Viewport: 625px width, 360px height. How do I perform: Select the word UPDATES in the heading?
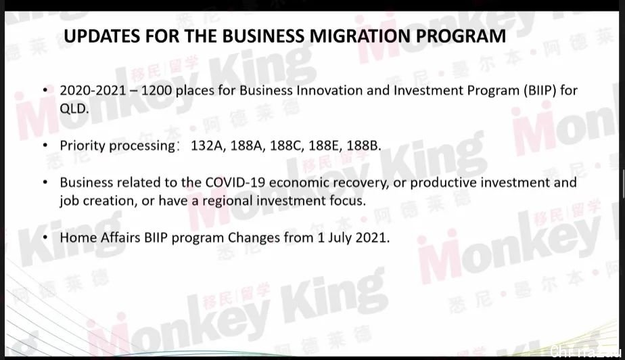coord(101,35)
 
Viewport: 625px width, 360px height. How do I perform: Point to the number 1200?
coord(157,91)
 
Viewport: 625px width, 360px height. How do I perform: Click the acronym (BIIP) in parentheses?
coord(540,91)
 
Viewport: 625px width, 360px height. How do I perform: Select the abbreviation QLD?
coord(74,108)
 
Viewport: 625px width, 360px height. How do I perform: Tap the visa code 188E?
coord(325,145)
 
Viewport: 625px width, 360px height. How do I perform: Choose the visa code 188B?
coord(364,145)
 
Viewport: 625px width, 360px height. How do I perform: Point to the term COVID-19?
coord(235,182)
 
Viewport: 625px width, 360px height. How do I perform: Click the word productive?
coord(443,183)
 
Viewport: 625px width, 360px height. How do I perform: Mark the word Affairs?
coord(120,238)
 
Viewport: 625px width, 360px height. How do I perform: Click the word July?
coord(340,238)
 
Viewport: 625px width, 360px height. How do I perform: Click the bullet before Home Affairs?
coord(45,238)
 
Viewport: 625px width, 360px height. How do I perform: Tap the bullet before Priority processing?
coord(45,145)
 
